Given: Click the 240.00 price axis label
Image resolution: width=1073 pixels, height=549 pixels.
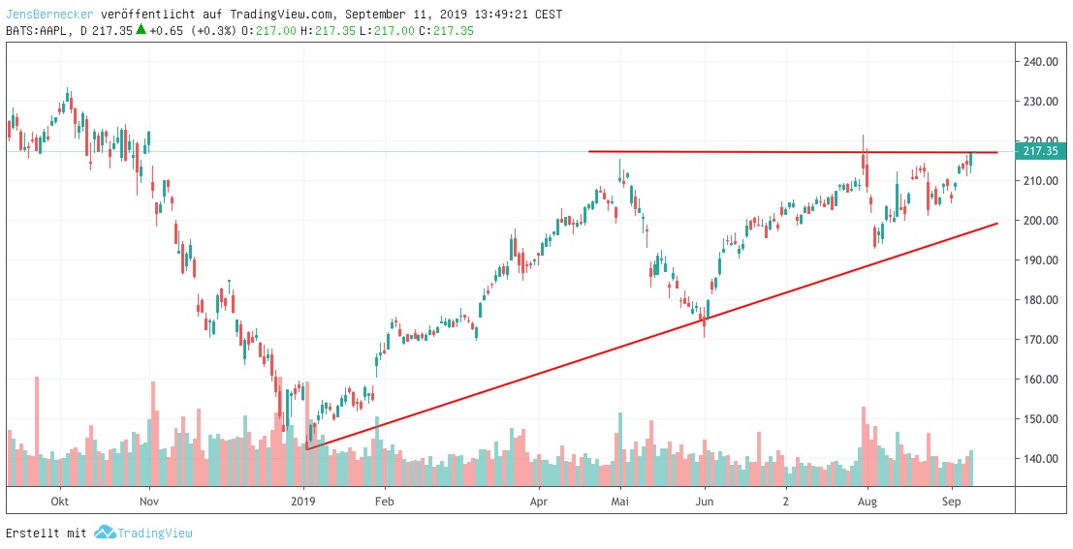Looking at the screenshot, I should [1040, 62].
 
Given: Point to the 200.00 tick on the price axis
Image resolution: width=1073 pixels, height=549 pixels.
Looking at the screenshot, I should [1040, 221].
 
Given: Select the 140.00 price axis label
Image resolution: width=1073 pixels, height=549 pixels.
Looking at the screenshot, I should [1040, 459].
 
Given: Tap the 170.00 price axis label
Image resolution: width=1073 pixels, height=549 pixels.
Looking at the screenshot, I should [1040, 340].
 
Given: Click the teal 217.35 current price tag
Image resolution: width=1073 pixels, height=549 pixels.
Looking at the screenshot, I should [1040, 151].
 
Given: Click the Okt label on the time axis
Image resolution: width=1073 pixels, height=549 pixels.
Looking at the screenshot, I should [60, 502].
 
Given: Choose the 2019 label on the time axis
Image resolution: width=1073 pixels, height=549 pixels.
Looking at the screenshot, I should [304, 502].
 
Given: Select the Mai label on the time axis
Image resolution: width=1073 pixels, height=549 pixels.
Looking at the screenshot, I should [621, 502].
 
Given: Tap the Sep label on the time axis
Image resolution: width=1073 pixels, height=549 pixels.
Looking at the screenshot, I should [951, 502].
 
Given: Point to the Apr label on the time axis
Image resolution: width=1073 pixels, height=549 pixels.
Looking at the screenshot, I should [539, 502].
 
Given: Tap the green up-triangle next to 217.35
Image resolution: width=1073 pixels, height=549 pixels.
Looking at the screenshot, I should [141, 30].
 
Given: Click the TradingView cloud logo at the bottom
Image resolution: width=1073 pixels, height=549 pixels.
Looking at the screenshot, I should [104, 533].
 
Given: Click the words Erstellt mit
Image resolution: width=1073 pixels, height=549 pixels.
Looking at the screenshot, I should [46, 534].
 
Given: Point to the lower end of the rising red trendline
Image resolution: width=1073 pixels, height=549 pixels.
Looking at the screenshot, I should [306, 448].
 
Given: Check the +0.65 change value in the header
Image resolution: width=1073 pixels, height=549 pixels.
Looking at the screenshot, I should [167, 31].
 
